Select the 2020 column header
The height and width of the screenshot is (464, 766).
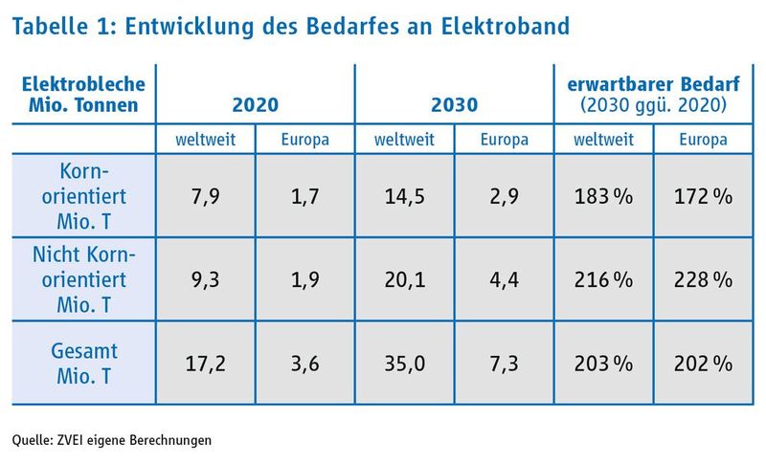pyautogui.click(x=256, y=104)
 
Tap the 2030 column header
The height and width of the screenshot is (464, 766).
pyautogui.click(x=455, y=104)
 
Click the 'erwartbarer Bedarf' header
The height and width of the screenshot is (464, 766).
pyautogui.click(x=653, y=84)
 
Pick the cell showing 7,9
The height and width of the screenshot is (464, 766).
pyautogui.click(x=206, y=197)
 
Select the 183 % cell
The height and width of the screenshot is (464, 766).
pyautogui.click(x=604, y=197)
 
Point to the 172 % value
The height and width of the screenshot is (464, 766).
pyautogui.click(x=703, y=197)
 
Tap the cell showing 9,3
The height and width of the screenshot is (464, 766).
pyautogui.click(x=206, y=280)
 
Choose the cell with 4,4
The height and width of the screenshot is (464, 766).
pyautogui.click(x=505, y=280)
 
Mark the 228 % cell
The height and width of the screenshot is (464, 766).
pyautogui.click(x=703, y=280)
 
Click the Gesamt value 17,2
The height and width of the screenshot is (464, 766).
pyautogui.click(x=206, y=364)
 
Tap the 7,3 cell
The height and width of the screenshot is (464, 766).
pyautogui.click(x=505, y=364)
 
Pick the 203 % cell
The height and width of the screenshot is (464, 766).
pyautogui.click(x=604, y=364)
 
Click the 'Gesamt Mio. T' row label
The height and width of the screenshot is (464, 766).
pyautogui.click(x=82, y=364)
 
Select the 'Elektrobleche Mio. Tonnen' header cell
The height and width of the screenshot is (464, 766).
pyautogui.click(x=82, y=93)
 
